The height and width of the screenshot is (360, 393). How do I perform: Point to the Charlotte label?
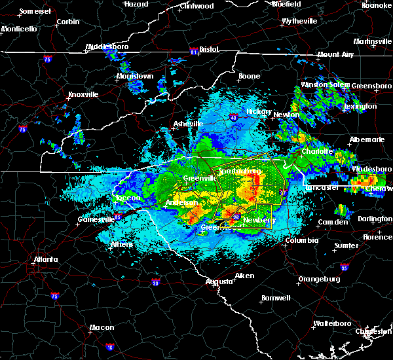click(x=317, y=151)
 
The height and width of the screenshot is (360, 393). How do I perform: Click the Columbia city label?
click(x=302, y=240)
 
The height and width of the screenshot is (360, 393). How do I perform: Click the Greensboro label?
click(x=372, y=86)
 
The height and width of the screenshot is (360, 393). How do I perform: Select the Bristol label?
click(x=209, y=49)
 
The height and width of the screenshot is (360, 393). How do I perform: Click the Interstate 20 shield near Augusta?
click(x=155, y=283)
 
